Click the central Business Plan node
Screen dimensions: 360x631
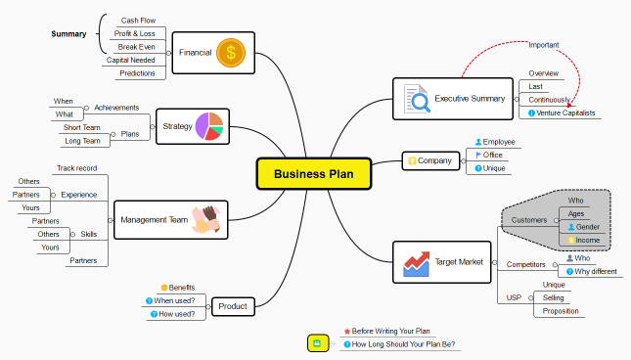pyautogui.click(x=314, y=173)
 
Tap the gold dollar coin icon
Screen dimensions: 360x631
pyautogui.click(x=231, y=52)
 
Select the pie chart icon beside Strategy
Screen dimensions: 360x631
pyautogui.click(x=209, y=126)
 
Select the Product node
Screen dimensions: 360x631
pyautogui.click(x=234, y=307)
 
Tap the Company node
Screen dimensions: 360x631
pyautogui.click(x=430, y=160)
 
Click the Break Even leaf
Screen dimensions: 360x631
pyautogui.click(x=135, y=46)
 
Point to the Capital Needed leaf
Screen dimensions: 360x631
pyautogui.click(x=130, y=60)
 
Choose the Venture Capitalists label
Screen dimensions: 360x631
pyautogui.click(x=566, y=112)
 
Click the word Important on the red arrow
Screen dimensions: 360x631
pyautogui.click(x=543, y=45)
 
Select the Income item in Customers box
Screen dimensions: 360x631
pyautogui.click(x=588, y=240)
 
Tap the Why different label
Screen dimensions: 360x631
pyautogui.click(x=596, y=271)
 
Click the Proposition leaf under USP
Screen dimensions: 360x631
pyautogui.click(x=561, y=311)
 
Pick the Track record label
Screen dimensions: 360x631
pyautogui.click(x=77, y=168)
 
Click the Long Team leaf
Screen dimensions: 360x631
pyautogui.click(x=82, y=141)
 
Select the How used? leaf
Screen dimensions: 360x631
pyautogui.click(x=179, y=314)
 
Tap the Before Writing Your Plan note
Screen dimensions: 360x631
pyautogui.click(x=390, y=331)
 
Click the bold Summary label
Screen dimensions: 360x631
pyautogui.click(x=68, y=34)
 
